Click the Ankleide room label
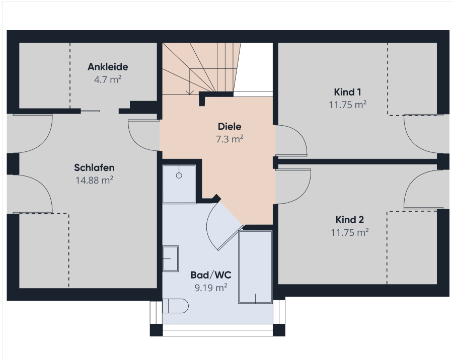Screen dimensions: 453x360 (x=108, y=67)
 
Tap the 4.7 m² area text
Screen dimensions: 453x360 (x=108, y=79)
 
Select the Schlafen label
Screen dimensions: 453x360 (x=94, y=168)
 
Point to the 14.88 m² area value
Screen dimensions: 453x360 (x=94, y=180)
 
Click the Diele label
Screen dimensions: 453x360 (x=230, y=126)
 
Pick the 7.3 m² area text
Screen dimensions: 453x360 (x=230, y=139)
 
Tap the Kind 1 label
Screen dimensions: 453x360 (x=347, y=92)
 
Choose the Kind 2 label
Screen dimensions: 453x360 (x=350, y=220)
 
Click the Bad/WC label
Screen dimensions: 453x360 (x=211, y=275)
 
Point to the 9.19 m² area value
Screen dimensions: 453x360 (x=211, y=288)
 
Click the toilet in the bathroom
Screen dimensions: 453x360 (x=175, y=306)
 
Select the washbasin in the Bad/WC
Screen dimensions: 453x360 (x=171, y=258)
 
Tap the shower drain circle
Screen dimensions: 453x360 (x=179, y=175)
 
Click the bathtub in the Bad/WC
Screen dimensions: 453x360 (x=255, y=267)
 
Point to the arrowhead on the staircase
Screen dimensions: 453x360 (x=190, y=92)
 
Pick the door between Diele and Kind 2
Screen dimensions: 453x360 (x=293, y=187)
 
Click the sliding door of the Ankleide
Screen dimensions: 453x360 (x=90, y=111)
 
